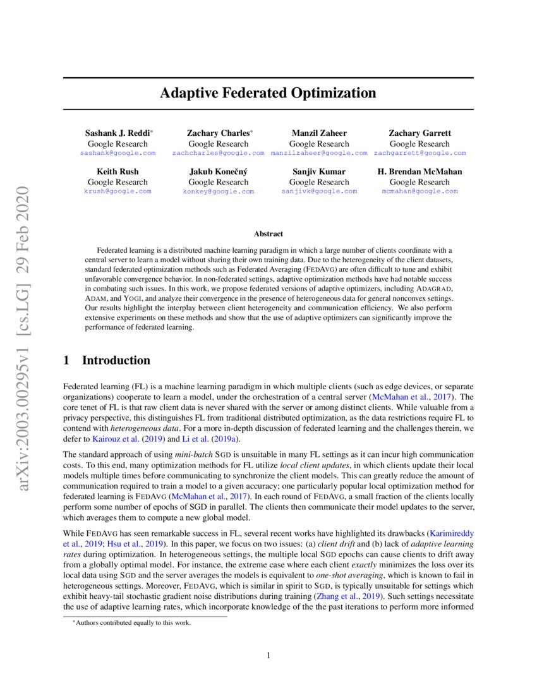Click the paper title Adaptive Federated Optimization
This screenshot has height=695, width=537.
(268, 94)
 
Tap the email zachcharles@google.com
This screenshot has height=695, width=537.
(218, 153)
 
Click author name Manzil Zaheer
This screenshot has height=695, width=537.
(318, 133)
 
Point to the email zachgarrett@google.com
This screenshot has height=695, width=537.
(419, 153)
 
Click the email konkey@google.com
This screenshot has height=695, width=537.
(218, 191)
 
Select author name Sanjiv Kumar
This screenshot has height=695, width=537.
(318, 172)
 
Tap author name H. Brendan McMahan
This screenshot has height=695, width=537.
(419, 172)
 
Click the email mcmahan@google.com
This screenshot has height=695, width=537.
(419, 191)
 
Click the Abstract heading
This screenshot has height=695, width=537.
(268, 234)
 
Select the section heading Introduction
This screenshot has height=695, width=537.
(116, 361)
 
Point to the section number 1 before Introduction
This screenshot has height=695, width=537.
(67, 361)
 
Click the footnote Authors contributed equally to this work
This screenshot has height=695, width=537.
(131, 623)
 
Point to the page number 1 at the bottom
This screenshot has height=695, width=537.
(268, 655)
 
